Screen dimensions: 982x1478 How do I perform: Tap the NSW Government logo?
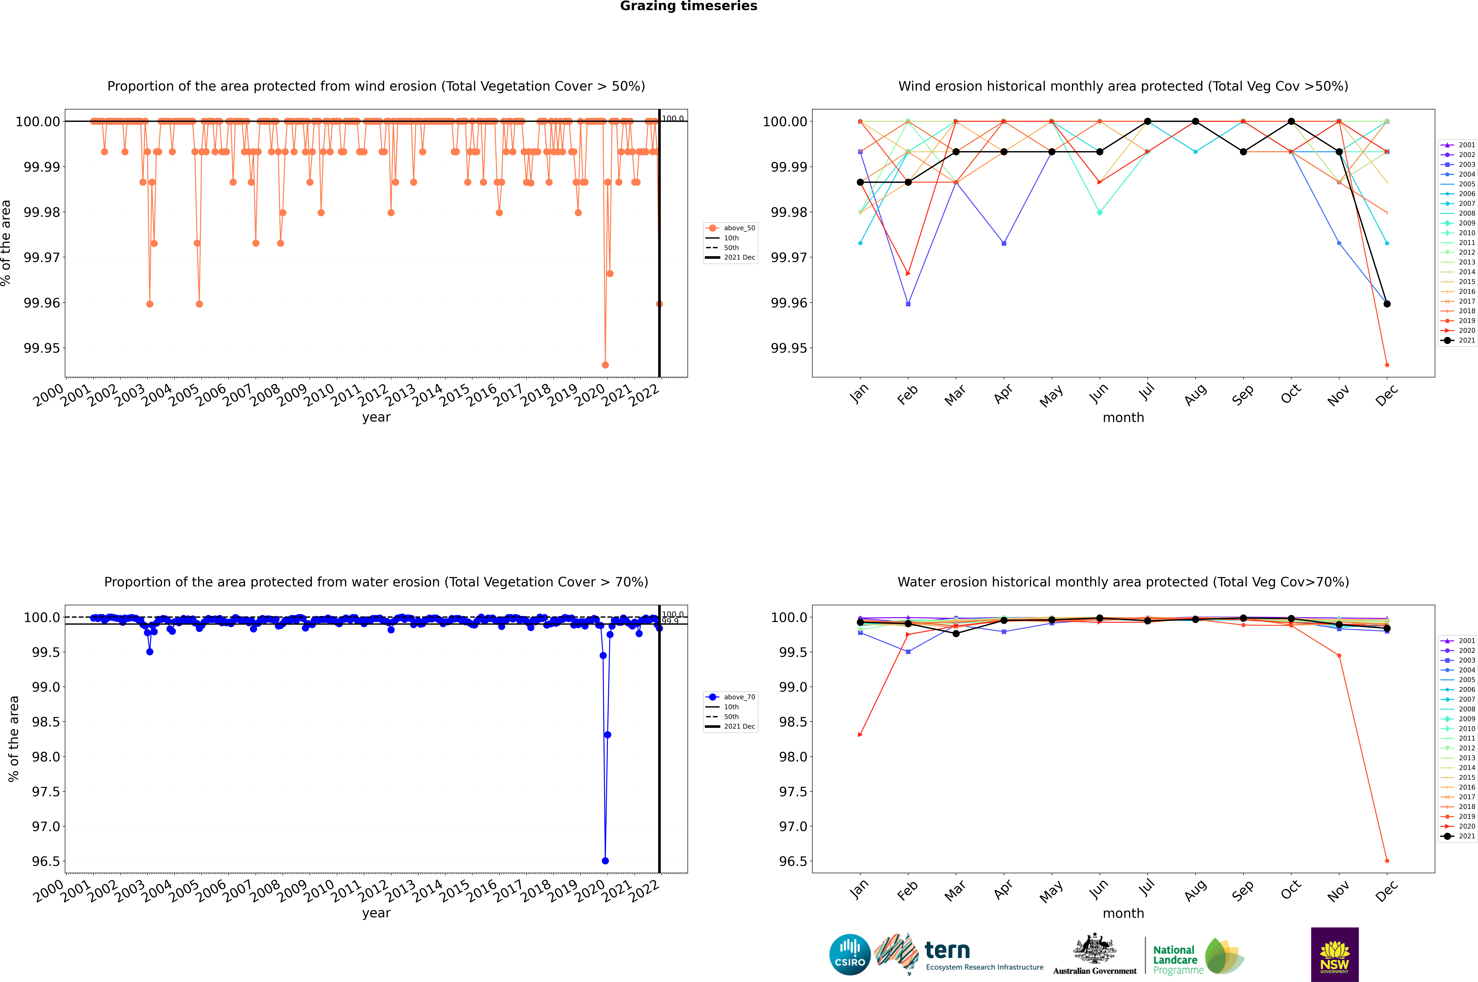pos(1334,954)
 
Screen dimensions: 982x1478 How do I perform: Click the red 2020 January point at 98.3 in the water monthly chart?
pos(860,735)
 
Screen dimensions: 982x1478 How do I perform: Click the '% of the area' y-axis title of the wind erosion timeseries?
pos(6,243)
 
